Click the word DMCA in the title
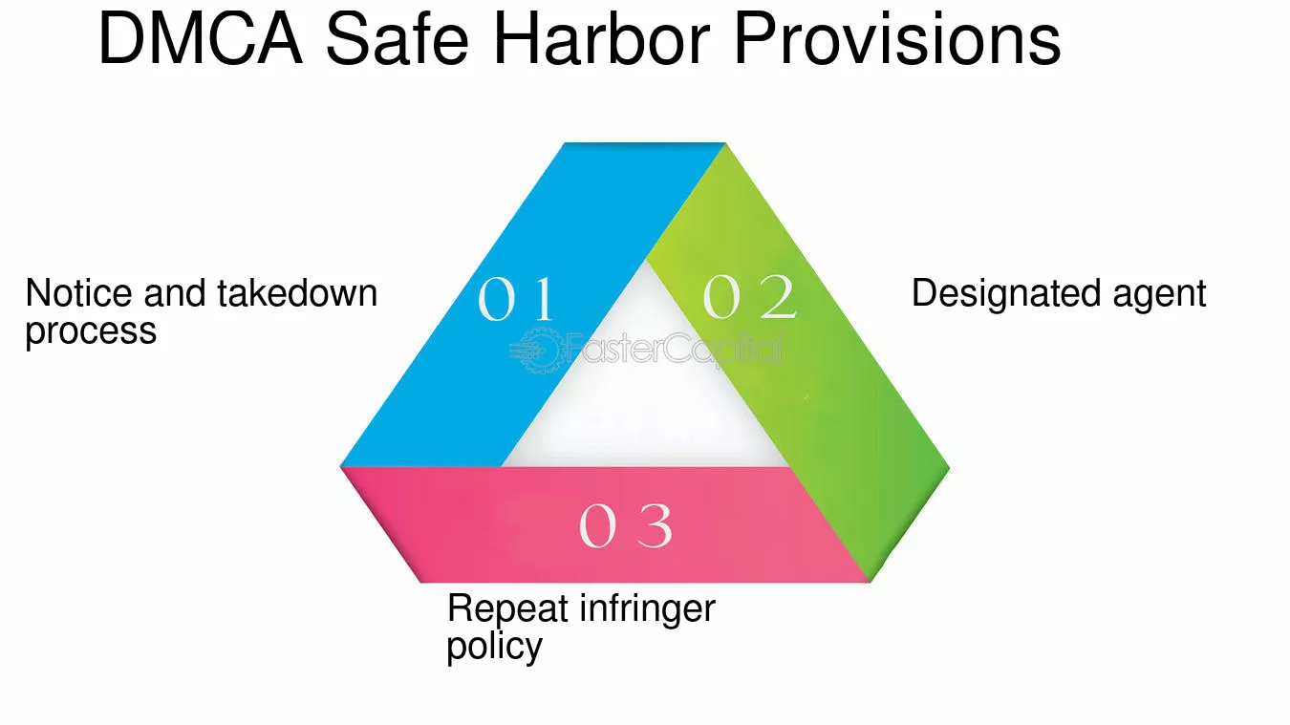[201, 39]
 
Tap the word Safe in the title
[397, 39]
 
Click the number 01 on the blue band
[515, 298]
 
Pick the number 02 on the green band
[749, 296]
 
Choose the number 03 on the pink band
[626, 525]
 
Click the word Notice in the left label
[79, 293]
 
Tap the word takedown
[297, 293]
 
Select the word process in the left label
[91, 332]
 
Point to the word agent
[1159, 296]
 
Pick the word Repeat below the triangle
[507, 609]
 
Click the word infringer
[647, 608]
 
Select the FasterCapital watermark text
[674, 349]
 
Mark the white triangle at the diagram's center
[645, 392]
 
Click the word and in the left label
[175, 293]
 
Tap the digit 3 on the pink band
[655, 525]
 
